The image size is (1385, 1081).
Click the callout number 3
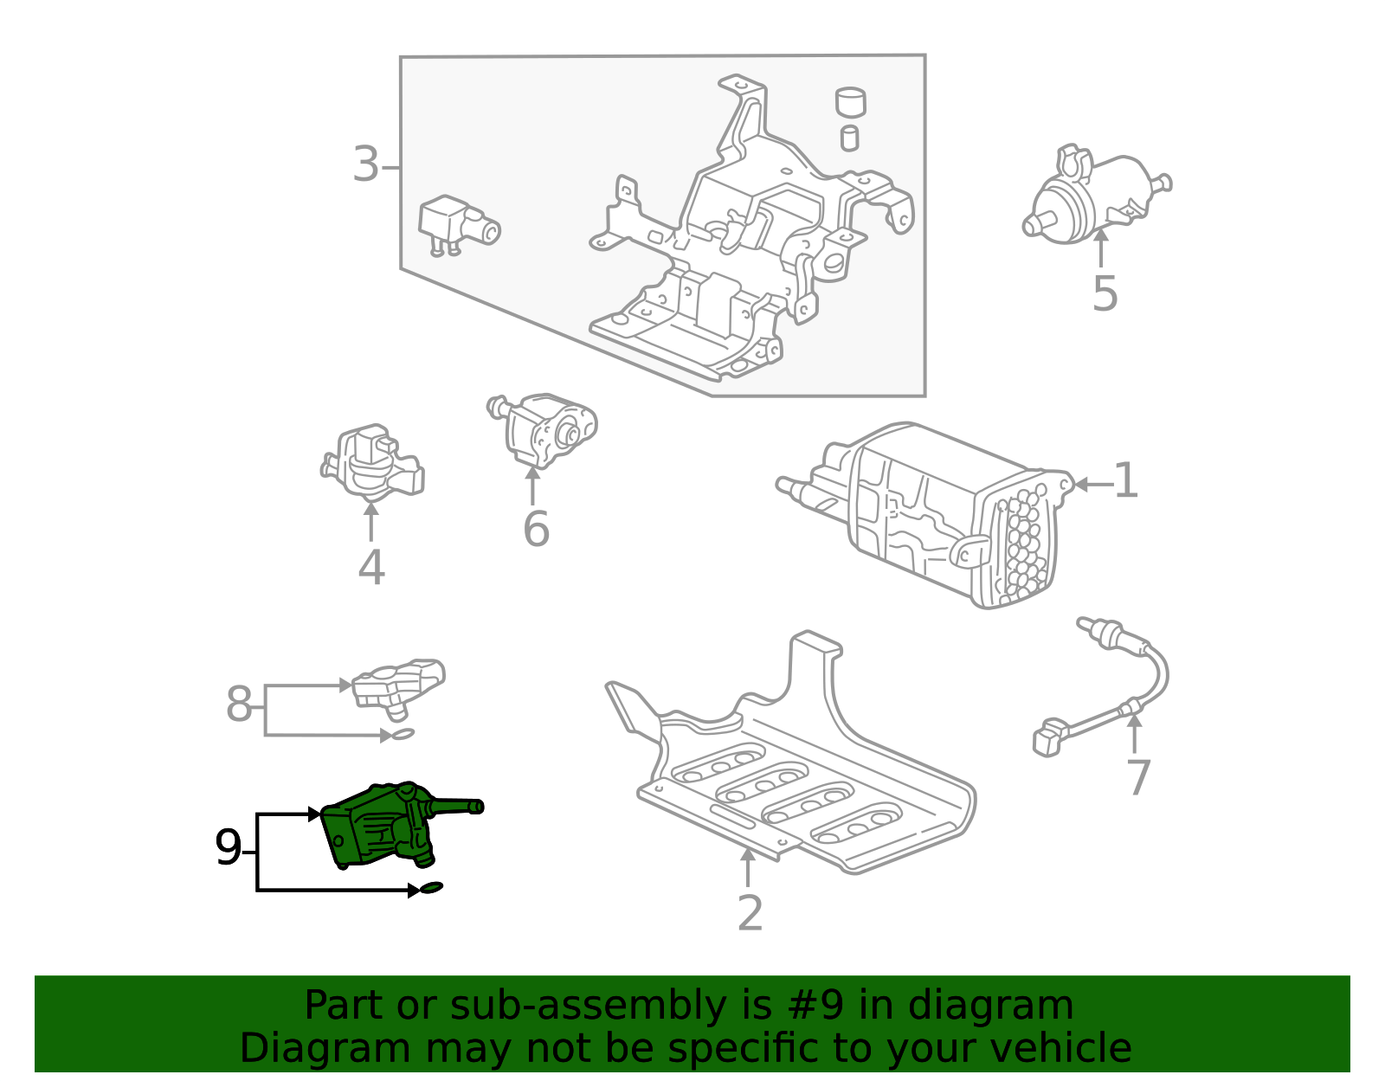(x=366, y=164)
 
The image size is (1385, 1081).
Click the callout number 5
(x=1105, y=293)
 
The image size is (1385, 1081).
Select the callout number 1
(x=1125, y=481)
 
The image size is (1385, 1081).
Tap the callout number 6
(x=536, y=529)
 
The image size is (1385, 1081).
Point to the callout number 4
(x=371, y=568)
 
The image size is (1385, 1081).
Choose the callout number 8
(x=239, y=704)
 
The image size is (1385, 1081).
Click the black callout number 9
(x=229, y=847)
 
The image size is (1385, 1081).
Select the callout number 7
(x=1138, y=777)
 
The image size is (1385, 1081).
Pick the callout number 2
(x=750, y=913)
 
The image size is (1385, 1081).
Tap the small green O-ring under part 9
(x=431, y=887)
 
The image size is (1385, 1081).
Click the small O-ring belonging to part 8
(x=403, y=735)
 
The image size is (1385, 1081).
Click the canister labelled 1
(x=924, y=516)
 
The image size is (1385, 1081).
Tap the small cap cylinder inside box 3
(x=850, y=102)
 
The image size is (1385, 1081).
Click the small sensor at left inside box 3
(x=458, y=225)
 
